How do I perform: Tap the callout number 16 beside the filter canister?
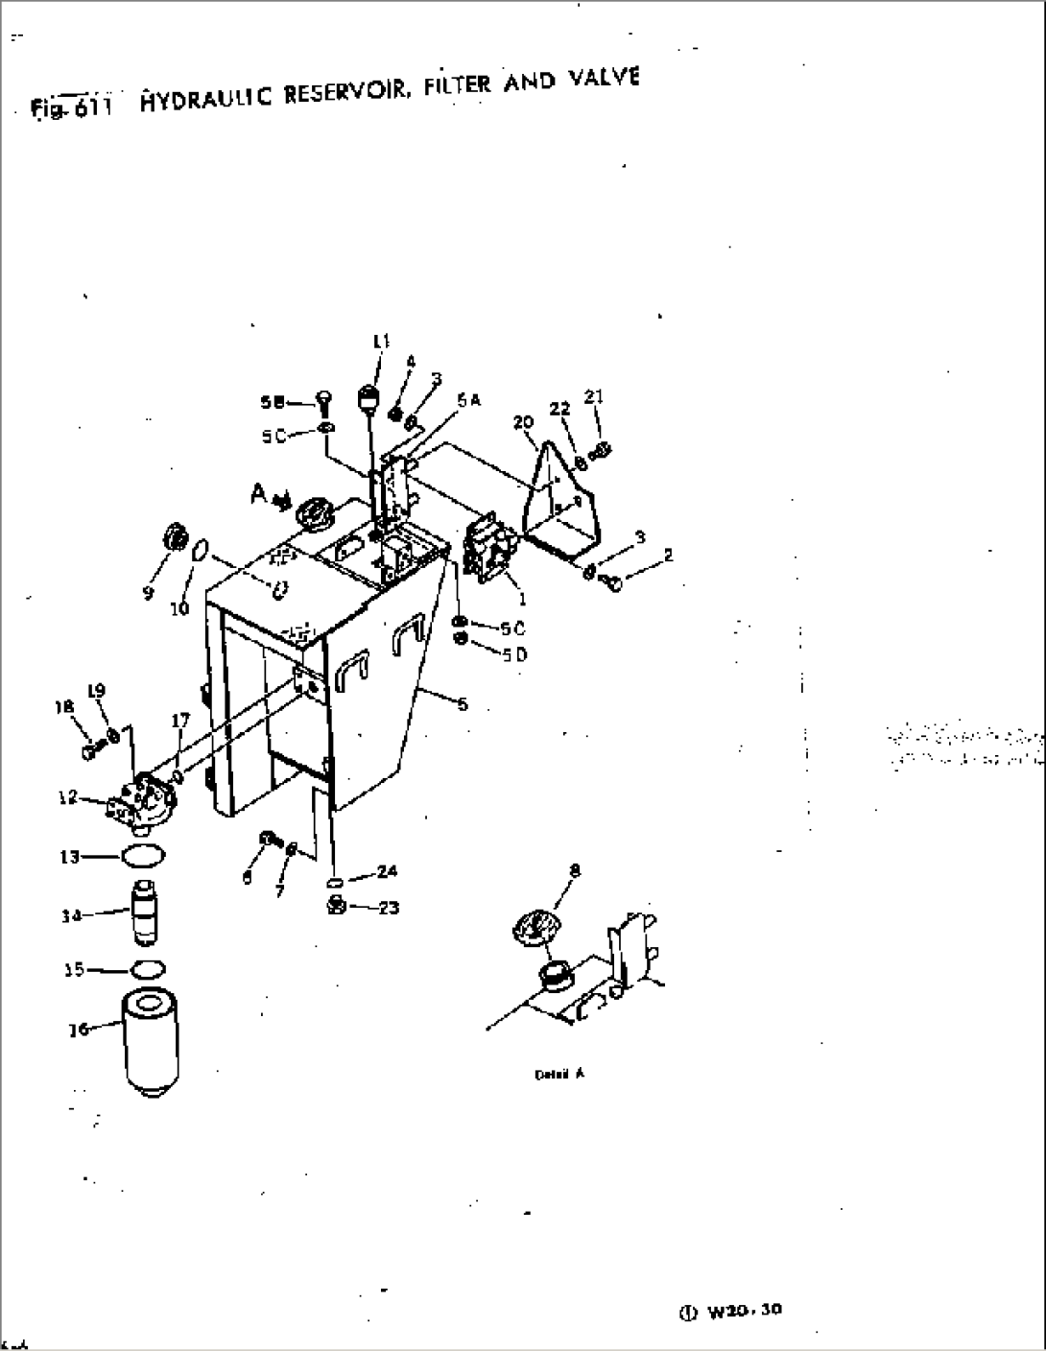[x=81, y=1029]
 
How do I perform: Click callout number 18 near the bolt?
[x=64, y=707]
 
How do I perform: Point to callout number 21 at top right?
[x=595, y=397]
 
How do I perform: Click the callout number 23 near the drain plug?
[x=388, y=908]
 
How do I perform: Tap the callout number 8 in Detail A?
[x=575, y=871]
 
